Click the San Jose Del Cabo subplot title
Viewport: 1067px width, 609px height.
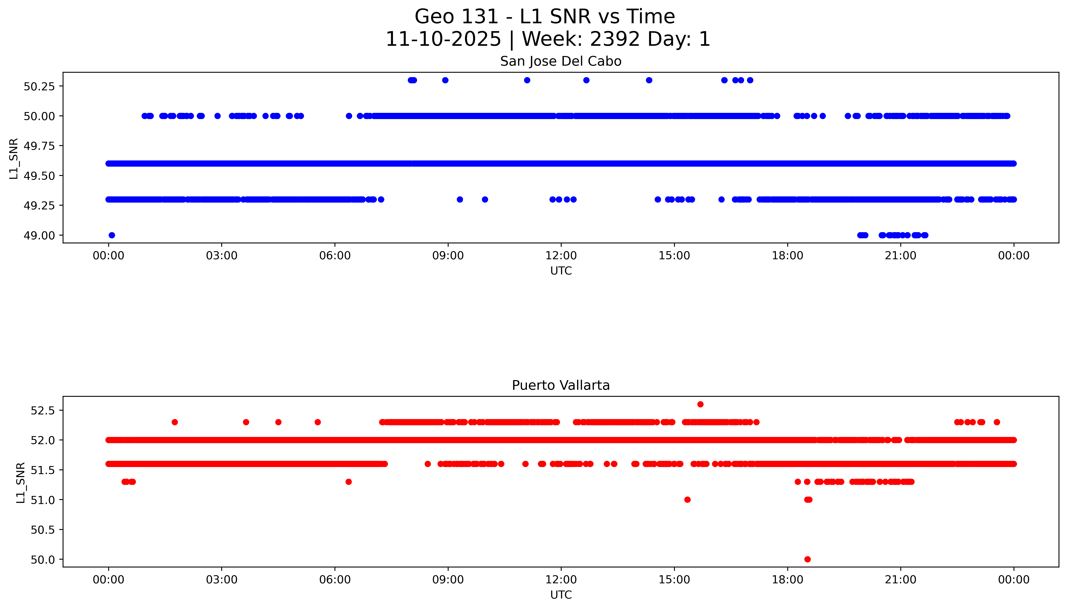(x=560, y=61)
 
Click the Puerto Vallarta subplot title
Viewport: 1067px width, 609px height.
(x=560, y=385)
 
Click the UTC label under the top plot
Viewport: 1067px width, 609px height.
(x=560, y=271)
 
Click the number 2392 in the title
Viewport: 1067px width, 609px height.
(x=614, y=39)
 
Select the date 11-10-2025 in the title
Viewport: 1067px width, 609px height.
(x=443, y=39)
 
